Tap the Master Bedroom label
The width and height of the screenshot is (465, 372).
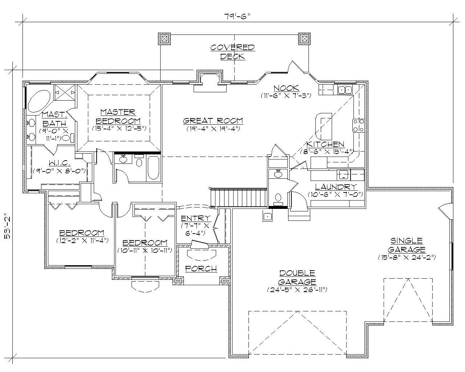point(118,116)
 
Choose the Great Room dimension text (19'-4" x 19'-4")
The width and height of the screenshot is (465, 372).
point(213,129)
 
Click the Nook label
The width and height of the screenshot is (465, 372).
point(286,88)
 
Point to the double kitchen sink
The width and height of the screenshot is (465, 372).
point(344,90)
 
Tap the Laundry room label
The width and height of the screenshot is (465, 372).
point(336,187)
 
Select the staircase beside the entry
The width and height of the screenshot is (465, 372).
point(239,197)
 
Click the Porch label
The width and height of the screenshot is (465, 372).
point(201,268)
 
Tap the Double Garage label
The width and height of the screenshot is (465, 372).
point(297,277)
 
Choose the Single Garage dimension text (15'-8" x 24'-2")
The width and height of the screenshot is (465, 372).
point(407,257)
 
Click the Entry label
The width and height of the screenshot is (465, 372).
point(195,218)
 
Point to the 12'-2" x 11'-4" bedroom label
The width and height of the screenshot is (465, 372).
point(82,240)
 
